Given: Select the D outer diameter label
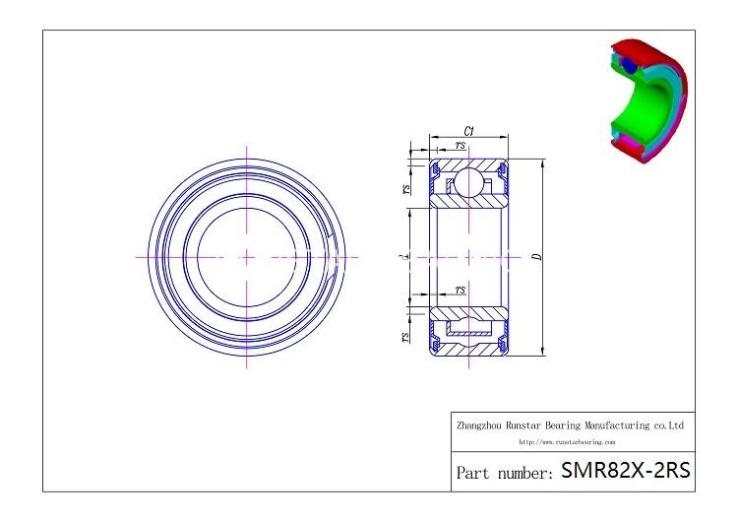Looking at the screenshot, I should (535, 257).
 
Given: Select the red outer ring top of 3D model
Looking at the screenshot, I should (630, 46).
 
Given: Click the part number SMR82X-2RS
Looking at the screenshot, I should (625, 471).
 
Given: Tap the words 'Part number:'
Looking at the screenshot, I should (504, 473).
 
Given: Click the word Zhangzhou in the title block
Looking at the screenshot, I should (481, 425).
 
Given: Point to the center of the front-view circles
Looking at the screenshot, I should (246, 257).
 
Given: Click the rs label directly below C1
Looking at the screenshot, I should (461, 146).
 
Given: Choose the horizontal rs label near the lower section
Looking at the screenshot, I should (461, 290).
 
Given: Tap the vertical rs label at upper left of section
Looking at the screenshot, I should (406, 189).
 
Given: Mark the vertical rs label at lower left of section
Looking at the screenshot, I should (406, 337).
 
